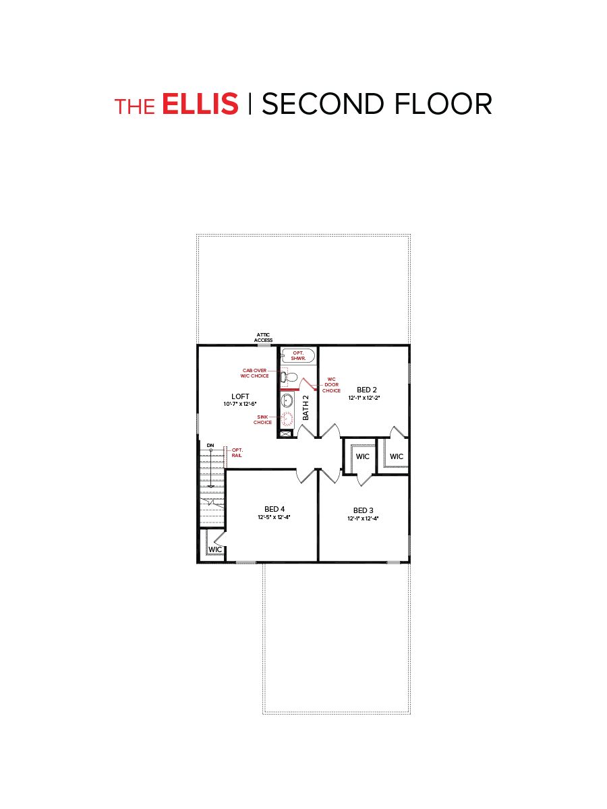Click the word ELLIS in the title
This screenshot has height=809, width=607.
click(x=200, y=104)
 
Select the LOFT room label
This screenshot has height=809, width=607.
click(x=241, y=396)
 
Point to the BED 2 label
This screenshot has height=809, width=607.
click(x=367, y=390)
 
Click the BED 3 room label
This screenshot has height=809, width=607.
click(x=364, y=510)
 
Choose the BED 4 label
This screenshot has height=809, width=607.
click(x=274, y=509)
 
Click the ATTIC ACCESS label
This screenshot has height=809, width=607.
click(x=263, y=337)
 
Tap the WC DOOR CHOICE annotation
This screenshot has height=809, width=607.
click(x=331, y=385)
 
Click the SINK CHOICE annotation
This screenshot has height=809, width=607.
click(x=263, y=419)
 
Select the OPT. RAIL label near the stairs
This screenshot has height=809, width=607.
click(x=237, y=452)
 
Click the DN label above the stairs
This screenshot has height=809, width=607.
click(x=210, y=446)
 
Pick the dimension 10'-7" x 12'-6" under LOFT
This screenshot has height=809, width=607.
click(x=241, y=404)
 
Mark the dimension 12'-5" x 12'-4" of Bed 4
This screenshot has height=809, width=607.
click(x=274, y=518)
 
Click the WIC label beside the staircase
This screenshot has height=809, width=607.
click(x=215, y=550)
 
